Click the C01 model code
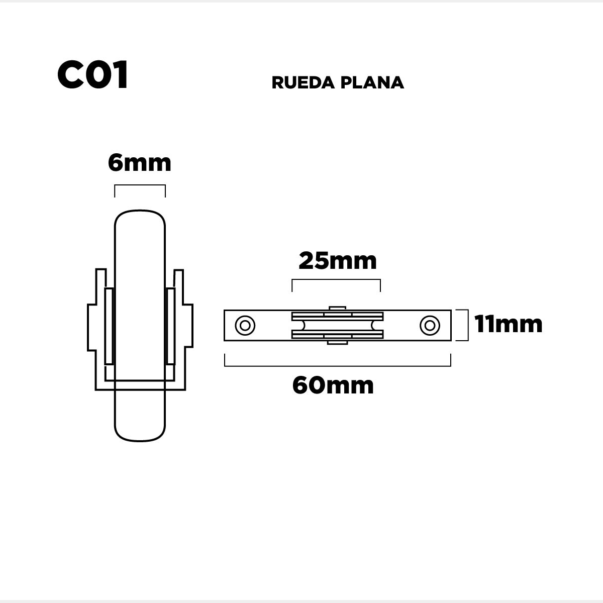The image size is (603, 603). pyautogui.click(x=92, y=75)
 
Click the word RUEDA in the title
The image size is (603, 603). pyautogui.click(x=303, y=82)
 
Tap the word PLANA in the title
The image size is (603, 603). pyautogui.click(x=372, y=82)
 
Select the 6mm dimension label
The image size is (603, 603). pyautogui.click(x=140, y=163)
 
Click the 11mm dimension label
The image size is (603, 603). pyautogui.click(x=508, y=324)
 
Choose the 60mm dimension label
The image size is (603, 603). pyautogui.click(x=333, y=385)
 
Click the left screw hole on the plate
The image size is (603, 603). pyautogui.click(x=245, y=326)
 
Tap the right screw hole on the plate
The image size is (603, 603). pyautogui.click(x=430, y=326)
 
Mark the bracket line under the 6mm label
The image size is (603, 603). pyautogui.click(x=140, y=185)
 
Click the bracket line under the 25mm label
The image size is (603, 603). pyautogui.click(x=336, y=280)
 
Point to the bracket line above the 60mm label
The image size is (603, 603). pyautogui.click(x=338, y=365)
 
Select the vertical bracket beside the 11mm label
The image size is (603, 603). pyautogui.click(x=468, y=325)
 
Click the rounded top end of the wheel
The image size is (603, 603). pyautogui.click(x=140, y=211)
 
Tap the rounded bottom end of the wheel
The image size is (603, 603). pyautogui.click(x=140, y=441)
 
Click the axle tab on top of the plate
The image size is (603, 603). pyautogui.click(x=337, y=308)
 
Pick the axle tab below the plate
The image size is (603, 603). pyautogui.click(x=337, y=343)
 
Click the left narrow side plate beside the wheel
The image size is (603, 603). pyautogui.click(x=109, y=327)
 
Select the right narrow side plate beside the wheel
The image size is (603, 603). pyautogui.click(x=171, y=327)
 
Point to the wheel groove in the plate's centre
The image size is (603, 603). pyautogui.click(x=337, y=326)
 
